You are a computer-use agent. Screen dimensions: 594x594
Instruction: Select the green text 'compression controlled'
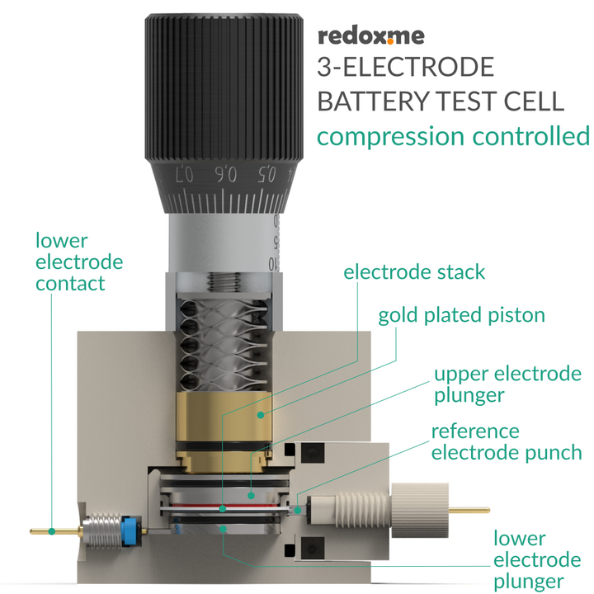453,135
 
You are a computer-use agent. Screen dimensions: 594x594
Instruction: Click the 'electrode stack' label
414,271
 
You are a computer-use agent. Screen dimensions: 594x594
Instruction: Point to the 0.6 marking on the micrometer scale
225,174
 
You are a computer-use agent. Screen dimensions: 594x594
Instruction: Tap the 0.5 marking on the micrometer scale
266,173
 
